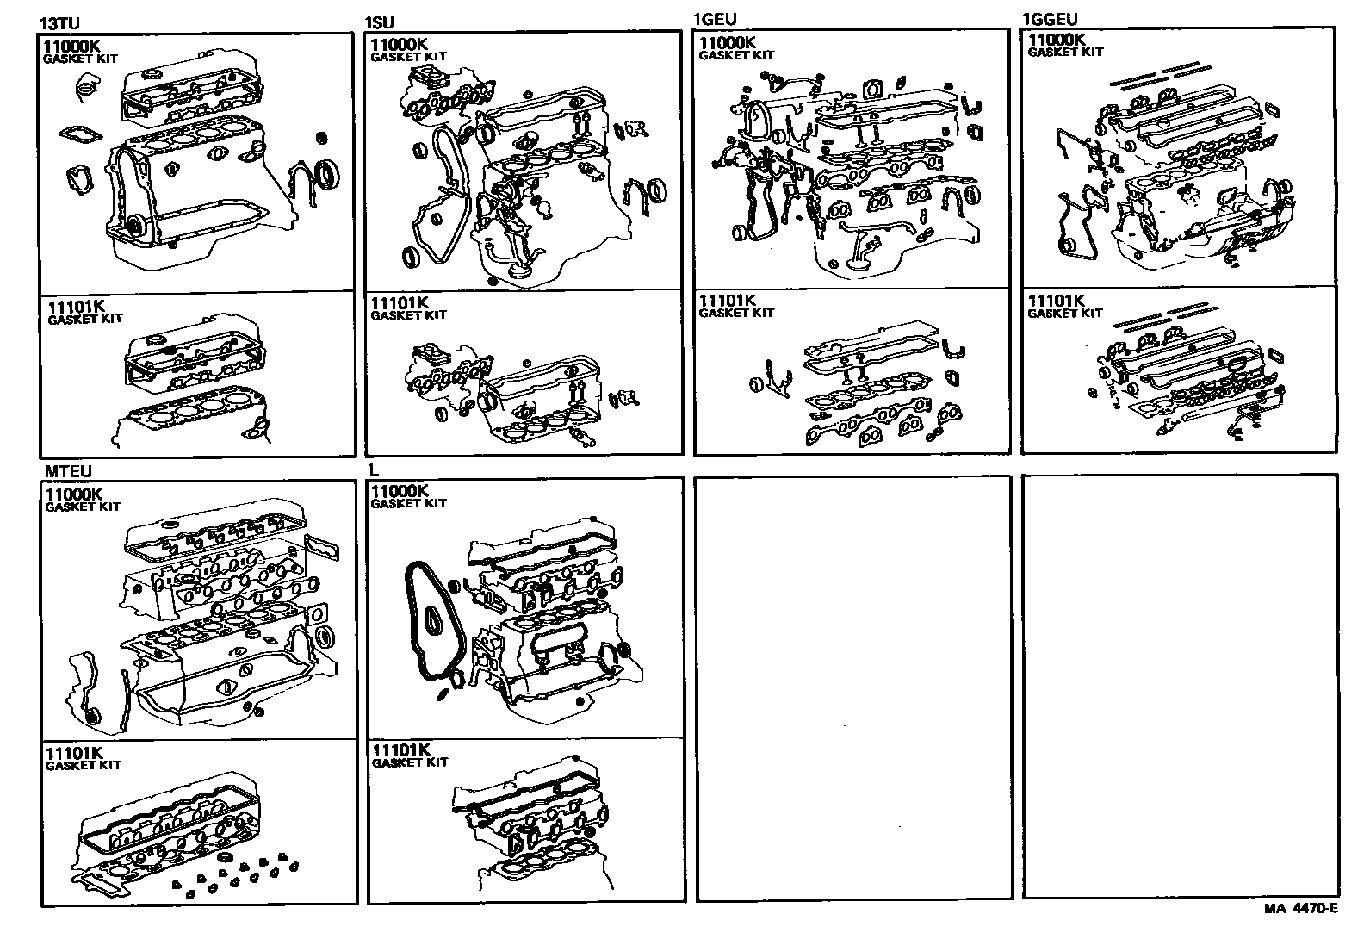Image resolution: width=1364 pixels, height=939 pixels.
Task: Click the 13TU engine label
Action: click(59, 24)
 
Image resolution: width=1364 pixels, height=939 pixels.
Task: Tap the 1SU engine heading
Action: click(380, 22)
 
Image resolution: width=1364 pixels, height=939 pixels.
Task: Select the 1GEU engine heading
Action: click(715, 20)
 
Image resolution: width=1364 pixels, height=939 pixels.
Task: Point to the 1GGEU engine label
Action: click(1050, 20)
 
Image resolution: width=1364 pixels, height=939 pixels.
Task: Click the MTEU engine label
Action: click(68, 471)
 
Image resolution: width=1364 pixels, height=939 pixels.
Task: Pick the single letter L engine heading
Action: click(374, 469)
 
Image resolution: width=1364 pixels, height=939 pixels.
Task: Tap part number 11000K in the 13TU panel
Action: click(71, 47)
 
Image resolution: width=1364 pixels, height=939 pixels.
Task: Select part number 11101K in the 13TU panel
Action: click(76, 307)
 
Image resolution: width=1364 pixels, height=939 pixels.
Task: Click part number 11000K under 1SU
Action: click(399, 44)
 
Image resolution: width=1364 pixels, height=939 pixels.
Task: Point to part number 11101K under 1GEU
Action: click(727, 301)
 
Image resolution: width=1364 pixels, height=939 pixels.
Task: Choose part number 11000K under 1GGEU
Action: click(1057, 40)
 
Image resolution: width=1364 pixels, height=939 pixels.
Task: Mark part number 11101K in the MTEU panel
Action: click(74, 753)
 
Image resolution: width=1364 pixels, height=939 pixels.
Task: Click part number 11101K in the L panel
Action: click(401, 750)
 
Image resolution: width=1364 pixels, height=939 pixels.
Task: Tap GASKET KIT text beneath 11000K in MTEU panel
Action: click(83, 507)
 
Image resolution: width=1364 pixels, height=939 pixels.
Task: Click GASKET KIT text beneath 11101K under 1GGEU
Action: click(1065, 314)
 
